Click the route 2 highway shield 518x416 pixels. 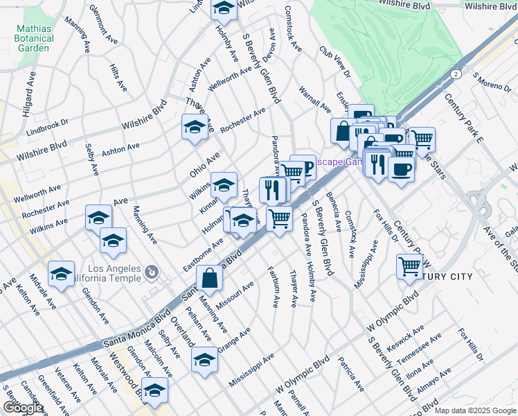pyautogui.click(x=456, y=73)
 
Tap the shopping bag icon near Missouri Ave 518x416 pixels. pyautogui.click(x=209, y=279)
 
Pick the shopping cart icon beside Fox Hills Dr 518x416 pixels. pyautogui.click(x=409, y=265)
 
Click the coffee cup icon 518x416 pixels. pyautogui.click(x=402, y=168)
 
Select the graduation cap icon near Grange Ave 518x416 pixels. pyautogui.click(x=204, y=360)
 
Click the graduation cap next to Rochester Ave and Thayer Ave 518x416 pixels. pyautogui.click(x=195, y=127)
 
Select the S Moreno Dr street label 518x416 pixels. pyautogui.click(x=492, y=82)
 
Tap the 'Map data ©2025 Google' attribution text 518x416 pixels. pyautogui.click(x=476, y=410)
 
